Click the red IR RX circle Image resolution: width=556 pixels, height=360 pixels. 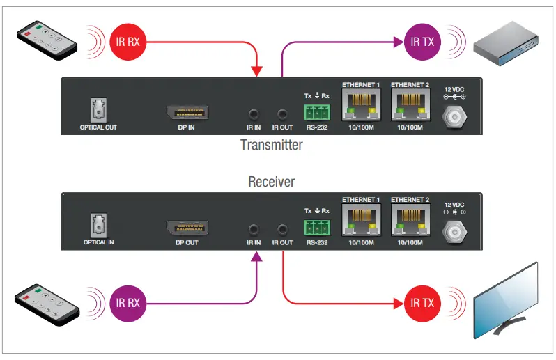coord(128,41)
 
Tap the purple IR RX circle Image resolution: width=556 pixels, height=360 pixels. coord(128,303)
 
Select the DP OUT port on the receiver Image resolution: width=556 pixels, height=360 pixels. coord(186,228)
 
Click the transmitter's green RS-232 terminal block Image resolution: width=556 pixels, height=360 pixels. coord(317,113)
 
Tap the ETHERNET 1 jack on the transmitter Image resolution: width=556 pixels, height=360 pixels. coord(361,107)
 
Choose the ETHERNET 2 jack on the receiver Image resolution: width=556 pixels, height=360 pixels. coord(410,222)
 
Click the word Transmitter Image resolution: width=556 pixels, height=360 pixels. coord(272,146)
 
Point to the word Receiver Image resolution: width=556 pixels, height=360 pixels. coord(272,182)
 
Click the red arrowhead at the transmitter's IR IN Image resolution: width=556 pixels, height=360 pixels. coord(256,71)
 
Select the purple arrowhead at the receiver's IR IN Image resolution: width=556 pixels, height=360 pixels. coord(256,256)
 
